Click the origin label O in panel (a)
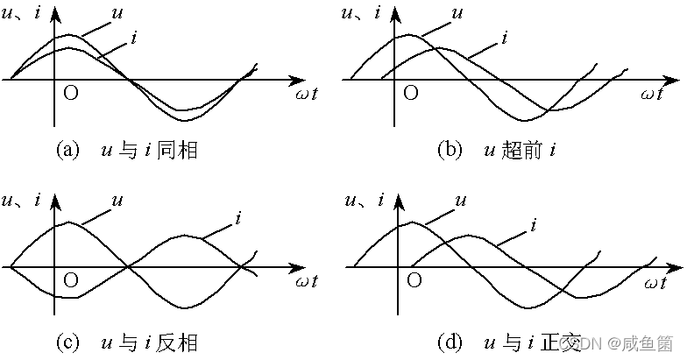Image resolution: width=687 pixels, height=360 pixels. click(71, 93)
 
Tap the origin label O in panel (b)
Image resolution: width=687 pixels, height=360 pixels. click(409, 93)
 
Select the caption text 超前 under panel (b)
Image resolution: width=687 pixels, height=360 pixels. click(522, 150)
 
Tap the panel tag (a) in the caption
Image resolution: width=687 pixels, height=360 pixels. click(67, 150)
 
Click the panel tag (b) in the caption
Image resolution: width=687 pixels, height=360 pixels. click(449, 150)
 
